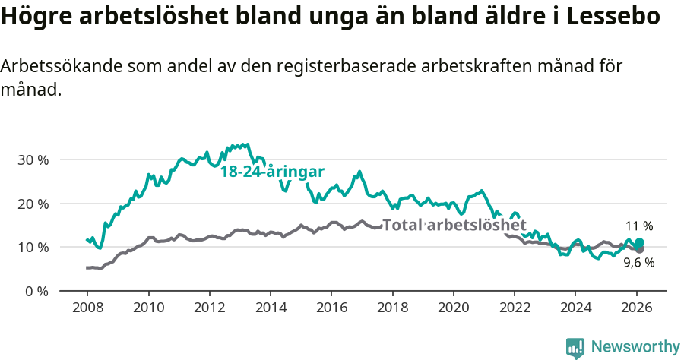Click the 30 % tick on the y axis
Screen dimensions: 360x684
pos(33,160)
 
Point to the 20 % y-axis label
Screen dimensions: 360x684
pos(33,204)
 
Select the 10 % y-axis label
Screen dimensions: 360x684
pos(33,248)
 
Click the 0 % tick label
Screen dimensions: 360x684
pos(36,291)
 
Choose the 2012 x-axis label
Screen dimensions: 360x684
pos(209,308)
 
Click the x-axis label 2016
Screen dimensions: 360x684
pos(331,308)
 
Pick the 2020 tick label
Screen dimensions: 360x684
pos(453,308)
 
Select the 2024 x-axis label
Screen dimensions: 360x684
pos(575,308)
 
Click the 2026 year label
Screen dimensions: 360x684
pos(636,308)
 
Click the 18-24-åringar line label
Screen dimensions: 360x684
pos(272,172)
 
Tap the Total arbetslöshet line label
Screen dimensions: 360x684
pos(454,226)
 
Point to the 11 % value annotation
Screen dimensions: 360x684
pos(639,226)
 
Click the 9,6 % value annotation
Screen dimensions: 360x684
pos(639,263)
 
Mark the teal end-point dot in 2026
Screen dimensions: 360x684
pos(639,242)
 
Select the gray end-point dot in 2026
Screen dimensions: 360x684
pos(639,249)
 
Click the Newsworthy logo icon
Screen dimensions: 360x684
pos(575,347)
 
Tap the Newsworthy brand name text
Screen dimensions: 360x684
pos(635,347)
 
